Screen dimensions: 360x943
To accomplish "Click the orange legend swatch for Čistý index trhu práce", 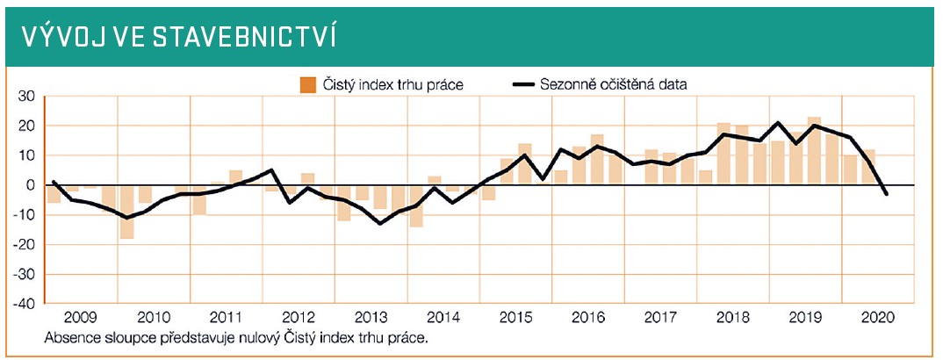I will coord(307,85).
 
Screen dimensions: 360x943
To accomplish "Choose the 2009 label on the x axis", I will coord(80,318).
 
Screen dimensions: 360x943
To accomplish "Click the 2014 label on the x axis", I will coord(443,318).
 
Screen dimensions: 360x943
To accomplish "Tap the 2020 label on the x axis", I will coord(877,318).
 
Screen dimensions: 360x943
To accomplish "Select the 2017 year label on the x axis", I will coord(660,318).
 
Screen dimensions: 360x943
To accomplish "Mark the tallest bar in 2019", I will coord(814,151).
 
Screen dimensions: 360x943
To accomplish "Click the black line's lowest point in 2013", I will coord(379,223).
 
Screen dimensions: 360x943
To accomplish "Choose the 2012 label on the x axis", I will coord(299,318).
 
